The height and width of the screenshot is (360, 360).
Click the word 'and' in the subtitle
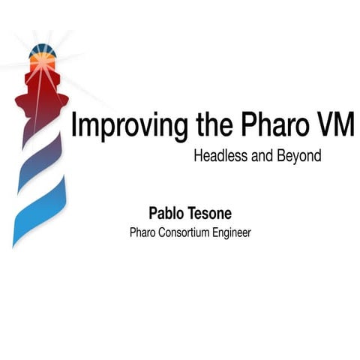coord(263,157)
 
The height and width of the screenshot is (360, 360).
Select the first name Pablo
coord(167,214)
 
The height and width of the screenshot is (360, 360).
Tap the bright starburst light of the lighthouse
coord(42,63)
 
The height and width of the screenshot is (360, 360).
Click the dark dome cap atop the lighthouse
coord(40,52)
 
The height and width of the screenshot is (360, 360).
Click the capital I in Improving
coord(73,124)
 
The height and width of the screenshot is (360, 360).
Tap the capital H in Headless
coord(198,157)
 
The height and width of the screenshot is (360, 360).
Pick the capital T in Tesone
coord(193,214)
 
